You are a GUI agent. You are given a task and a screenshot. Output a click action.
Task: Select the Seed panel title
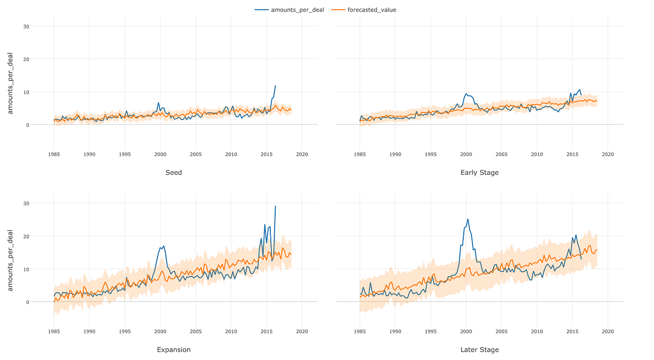(x=173, y=173)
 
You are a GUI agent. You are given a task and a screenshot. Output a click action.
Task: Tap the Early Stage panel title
(x=479, y=173)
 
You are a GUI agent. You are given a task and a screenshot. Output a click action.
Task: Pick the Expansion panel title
(x=173, y=350)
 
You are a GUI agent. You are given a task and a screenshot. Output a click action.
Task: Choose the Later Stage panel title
(x=479, y=350)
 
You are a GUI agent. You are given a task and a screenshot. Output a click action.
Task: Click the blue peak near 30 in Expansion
(x=275, y=206)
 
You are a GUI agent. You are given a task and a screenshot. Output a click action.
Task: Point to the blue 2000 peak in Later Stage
(x=468, y=219)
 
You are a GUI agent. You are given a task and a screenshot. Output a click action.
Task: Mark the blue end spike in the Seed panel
(x=275, y=86)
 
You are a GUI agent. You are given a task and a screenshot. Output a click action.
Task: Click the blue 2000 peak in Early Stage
(x=466, y=94)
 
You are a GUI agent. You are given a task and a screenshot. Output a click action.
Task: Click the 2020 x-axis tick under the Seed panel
(x=302, y=155)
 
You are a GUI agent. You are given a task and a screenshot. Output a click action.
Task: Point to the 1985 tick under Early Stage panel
(x=360, y=155)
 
